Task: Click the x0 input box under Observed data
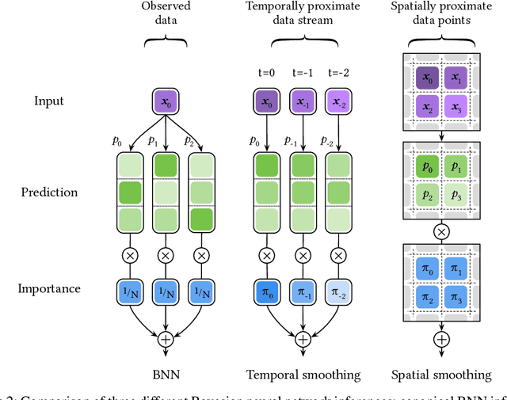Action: [x=166, y=101]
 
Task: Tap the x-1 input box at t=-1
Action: [x=303, y=101]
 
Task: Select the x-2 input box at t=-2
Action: [x=339, y=101]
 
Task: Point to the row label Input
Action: [x=50, y=101]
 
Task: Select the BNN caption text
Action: [x=166, y=374]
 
